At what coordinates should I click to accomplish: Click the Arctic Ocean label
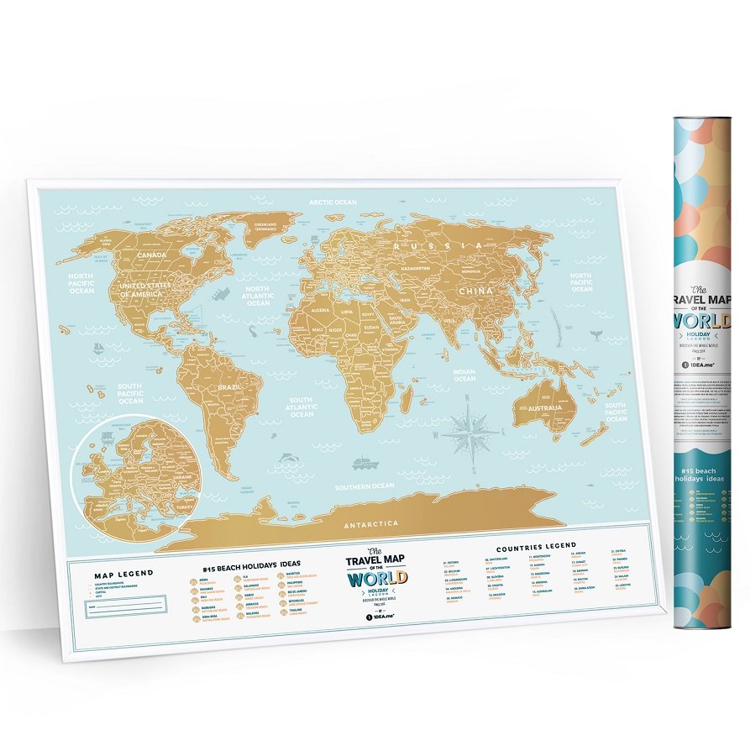click(333, 202)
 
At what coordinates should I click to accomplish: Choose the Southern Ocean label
click(364, 486)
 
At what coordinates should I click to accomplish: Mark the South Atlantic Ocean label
click(301, 407)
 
